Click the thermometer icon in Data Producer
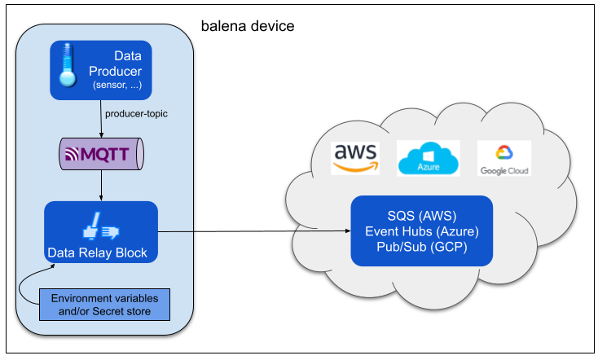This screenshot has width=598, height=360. (68, 65)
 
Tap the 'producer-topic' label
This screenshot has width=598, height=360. (136, 114)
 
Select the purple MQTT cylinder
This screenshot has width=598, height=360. (102, 154)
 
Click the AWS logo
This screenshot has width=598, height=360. (355, 158)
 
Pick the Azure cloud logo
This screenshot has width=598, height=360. (429, 158)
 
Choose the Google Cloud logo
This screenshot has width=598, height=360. (504, 158)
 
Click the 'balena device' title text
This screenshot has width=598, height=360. (248, 26)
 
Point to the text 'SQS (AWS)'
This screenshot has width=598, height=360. (422, 216)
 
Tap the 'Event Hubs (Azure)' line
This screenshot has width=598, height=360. (422, 231)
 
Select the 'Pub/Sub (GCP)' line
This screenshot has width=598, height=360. (422, 247)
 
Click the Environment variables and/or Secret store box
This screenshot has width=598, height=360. (104, 305)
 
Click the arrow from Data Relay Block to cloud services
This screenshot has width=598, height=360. (254, 231)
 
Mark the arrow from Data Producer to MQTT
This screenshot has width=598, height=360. (101, 119)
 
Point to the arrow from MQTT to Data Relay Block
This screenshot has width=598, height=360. (101, 186)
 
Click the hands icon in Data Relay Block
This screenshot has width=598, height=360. (101, 226)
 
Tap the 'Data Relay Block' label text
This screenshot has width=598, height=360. (97, 252)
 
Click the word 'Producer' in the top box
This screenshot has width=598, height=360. (115, 72)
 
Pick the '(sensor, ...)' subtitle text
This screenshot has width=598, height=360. (117, 85)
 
